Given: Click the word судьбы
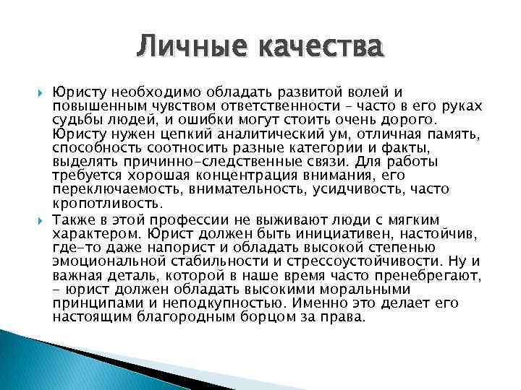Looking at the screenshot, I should pos(75,119).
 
